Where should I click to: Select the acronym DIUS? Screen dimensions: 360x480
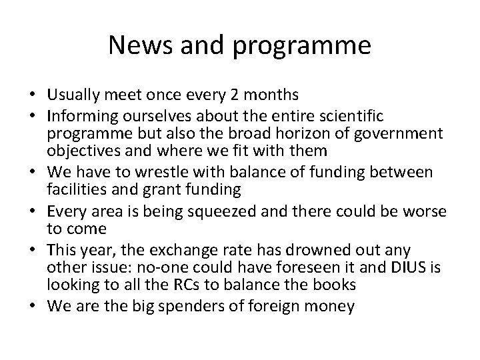click(x=395, y=267)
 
